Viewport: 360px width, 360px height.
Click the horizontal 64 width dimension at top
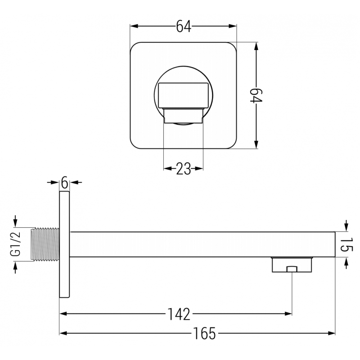pyautogui.click(x=184, y=27)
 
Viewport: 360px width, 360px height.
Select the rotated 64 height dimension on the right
pyautogui.click(x=256, y=96)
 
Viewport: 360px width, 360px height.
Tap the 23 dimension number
pyautogui.click(x=183, y=169)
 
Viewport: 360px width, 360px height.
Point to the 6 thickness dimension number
pyautogui.click(x=64, y=182)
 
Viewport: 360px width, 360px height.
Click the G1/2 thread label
pyautogui.click(x=16, y=245)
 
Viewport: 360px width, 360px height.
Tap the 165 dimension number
pyautogui.click(x=205, y=333)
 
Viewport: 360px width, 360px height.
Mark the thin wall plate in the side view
pyautogui.click(x=64, y=244)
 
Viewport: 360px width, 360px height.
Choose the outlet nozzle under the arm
pyautogui.click(x=292, y=265)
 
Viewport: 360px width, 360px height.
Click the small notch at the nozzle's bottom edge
pyautogui.click(x=292, y=269)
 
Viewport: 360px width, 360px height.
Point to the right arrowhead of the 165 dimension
pyautogui.click(x=332, y=333)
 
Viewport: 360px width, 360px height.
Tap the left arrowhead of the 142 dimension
pyautogui.click(x=64, y=313)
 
